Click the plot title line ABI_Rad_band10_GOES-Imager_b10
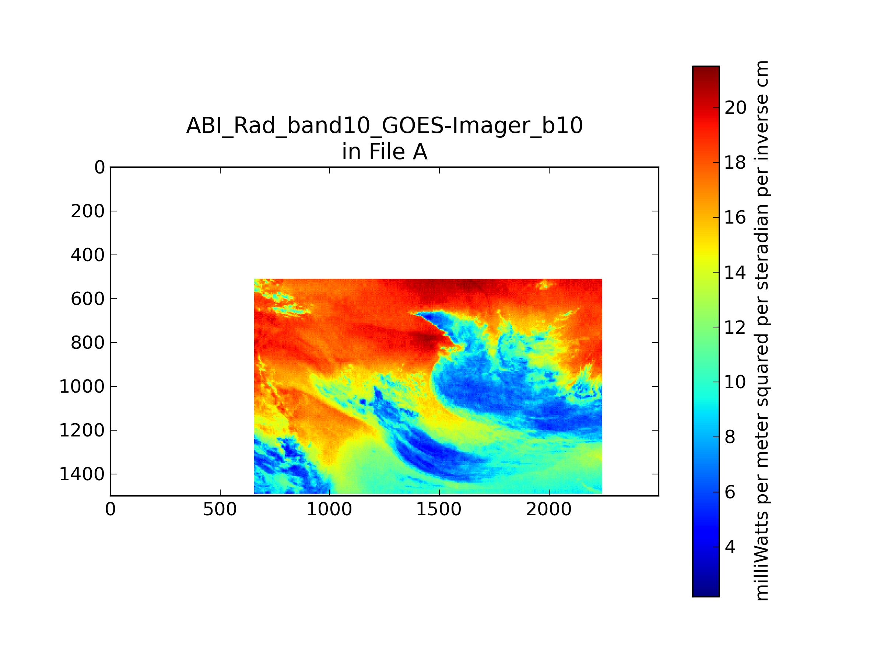[x=385, y=126]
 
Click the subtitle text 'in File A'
[x=385, y=152]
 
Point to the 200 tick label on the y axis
[x=88, y=211]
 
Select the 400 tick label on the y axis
[x=88, y=255]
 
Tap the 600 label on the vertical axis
[x=88, y=299]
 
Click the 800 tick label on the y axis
[x=88, y=343]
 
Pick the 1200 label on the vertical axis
[x=82, y=431]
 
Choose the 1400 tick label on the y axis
[x=82, y=474]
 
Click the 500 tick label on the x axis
[x=220, y=509]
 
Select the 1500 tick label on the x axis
[x=439, y=509]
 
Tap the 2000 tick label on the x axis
[x=549, y=509]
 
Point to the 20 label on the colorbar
[x=735, y=108]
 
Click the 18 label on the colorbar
[x=735, y=163]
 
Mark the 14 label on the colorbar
[x=735, y=273]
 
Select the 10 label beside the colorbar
[x=735, y=382]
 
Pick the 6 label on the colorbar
[x=730, y=492]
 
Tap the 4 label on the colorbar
[x=730, y=547]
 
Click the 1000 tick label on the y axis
[x=82, y=386]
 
